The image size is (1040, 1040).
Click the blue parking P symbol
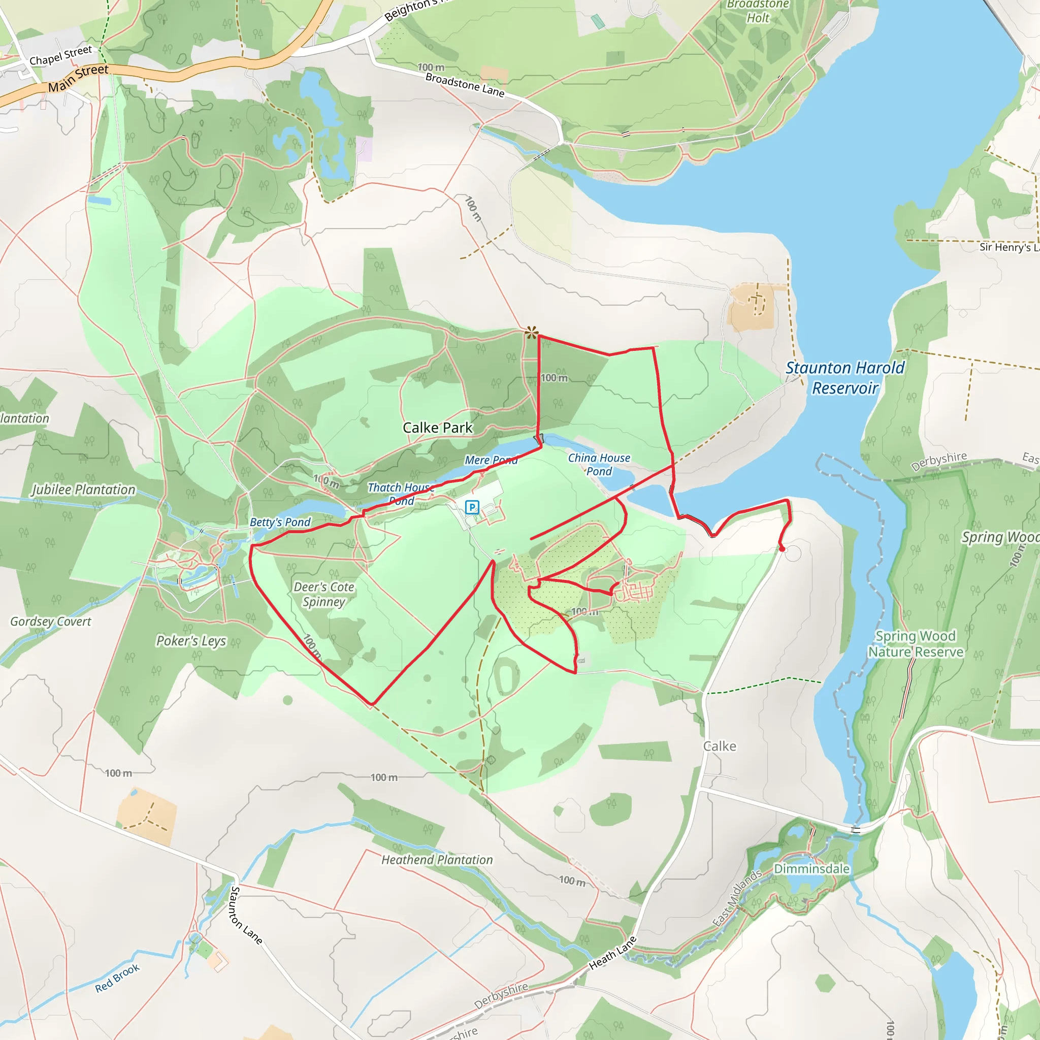[472, 507]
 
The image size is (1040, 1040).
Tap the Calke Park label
[438, 428]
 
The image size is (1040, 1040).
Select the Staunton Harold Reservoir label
[845, 378]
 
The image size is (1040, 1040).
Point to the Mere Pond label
[491, 460]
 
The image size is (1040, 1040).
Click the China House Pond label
[599, 465]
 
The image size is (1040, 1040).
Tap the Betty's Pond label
[280, 522]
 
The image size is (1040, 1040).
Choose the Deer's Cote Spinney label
[323, 594]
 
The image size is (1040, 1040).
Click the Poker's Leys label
[191, 641]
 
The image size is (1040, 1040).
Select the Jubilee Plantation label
[83, 490]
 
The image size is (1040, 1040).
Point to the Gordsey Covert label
[51, 622]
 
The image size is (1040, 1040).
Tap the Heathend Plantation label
[437, 860]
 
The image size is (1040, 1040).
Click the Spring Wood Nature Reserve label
[916, 644]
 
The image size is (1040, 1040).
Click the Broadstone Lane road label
[465, 85]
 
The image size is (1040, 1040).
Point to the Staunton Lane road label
[246, 916]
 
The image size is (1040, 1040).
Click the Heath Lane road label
[612, 953]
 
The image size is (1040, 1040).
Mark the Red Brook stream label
[117, 978]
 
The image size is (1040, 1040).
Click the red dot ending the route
[782, 549]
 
